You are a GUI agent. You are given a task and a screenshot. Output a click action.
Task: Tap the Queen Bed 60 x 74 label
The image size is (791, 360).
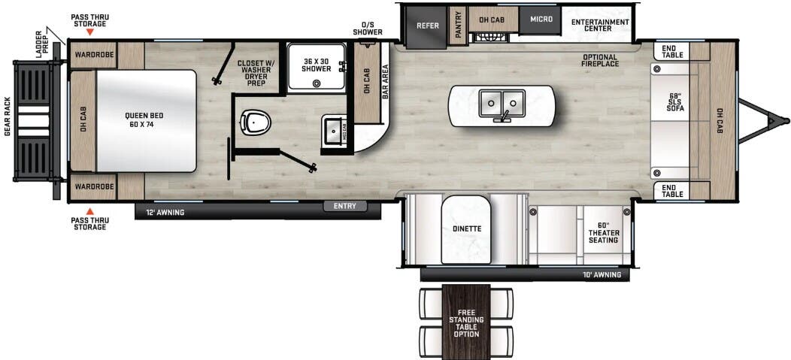[144, 120]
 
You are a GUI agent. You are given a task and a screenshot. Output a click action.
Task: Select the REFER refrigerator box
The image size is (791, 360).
[427, 26]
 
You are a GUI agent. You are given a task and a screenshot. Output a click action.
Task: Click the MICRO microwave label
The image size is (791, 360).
[540, 19]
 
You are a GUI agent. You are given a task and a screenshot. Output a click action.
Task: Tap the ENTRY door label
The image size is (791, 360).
[345, 206]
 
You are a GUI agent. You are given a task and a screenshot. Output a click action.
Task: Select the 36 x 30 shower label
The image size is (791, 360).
[317, 65]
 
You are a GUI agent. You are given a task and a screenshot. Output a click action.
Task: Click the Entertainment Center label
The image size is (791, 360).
[599, 26]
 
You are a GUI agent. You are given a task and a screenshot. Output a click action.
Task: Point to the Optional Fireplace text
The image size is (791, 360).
[599, 61]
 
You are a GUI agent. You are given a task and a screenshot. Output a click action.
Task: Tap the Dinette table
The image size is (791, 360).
[465, 228]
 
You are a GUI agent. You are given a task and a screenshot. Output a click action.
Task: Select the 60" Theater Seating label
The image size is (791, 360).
[604, 233]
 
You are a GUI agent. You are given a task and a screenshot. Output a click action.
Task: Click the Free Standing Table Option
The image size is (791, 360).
[466, 321]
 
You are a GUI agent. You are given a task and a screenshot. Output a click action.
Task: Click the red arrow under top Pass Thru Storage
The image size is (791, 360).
[89, 34]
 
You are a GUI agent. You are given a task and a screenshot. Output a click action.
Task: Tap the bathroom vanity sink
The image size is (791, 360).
[332, 133]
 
